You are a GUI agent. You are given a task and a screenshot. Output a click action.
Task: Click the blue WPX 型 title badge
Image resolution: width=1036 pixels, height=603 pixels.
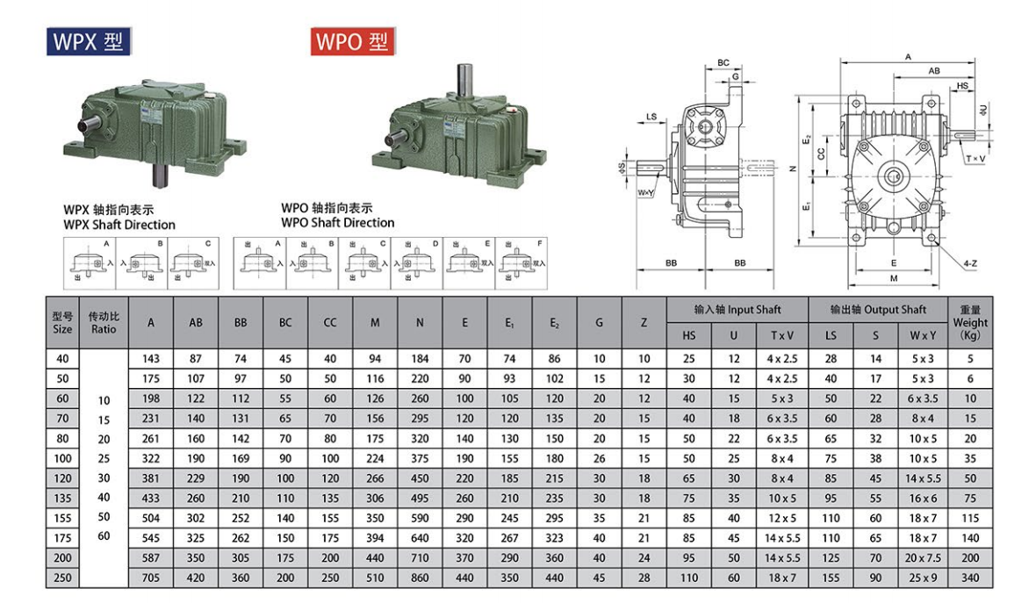pos(90,41)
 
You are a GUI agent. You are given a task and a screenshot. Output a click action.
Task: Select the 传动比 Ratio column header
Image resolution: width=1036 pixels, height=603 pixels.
pos(104,322)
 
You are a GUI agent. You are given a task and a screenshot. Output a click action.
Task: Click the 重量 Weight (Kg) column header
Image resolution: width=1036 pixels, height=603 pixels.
pos(970,322)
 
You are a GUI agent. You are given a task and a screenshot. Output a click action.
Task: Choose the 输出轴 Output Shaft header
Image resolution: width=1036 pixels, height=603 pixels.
pos(878,310)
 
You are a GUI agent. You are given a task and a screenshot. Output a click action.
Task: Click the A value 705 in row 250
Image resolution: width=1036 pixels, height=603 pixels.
pos(151,578)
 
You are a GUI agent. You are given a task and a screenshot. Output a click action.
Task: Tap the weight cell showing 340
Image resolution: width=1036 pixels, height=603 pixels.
pos(970,578)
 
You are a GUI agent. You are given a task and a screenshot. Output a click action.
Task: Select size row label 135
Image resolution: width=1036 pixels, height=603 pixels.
pos(62,497)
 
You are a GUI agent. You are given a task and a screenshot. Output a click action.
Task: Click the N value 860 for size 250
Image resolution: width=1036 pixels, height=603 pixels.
pos(420,578)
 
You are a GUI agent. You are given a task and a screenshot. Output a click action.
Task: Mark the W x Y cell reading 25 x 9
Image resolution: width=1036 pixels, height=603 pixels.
pos(922,578)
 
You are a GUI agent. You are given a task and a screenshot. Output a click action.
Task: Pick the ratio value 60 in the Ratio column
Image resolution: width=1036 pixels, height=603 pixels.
pos(104,535)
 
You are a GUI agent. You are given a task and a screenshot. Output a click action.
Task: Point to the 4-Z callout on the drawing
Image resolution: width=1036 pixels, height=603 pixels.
pos(970,262)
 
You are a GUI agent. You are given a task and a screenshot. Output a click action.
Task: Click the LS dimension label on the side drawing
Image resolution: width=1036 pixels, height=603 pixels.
pos(651,116)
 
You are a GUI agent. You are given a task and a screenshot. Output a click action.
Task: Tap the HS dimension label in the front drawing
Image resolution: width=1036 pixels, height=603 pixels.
pos(963,86)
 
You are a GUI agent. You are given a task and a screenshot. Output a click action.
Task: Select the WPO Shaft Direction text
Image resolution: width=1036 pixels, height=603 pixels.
pos(337,222)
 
